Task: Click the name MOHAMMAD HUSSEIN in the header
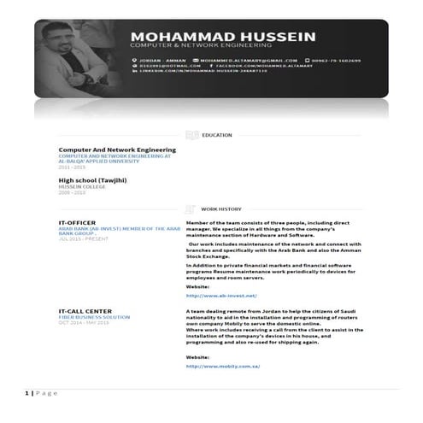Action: coord(222,37)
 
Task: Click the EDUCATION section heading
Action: coord(216,135)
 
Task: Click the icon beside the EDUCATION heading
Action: coord(192,135)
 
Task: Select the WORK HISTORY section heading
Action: coord(220,209)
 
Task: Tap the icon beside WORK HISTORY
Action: coord(192,209)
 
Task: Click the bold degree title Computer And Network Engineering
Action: coord(116,150)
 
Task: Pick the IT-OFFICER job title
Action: coord(77,222)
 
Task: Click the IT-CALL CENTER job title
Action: coord(85,311)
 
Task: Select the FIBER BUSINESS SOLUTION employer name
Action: coord(94,317)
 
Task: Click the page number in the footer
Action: coord(25,392)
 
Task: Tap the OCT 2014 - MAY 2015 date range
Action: coord(84,322)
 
